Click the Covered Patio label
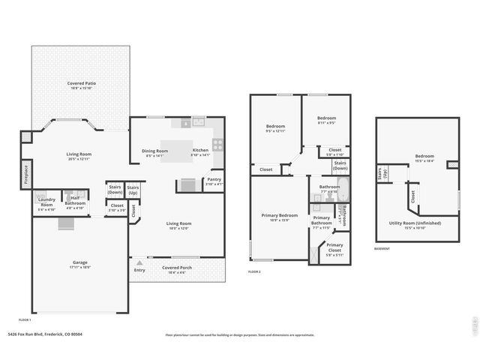(x=81, y=83)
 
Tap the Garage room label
(x=79, y=262)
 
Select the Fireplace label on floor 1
(x=25, y=174)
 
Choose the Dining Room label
(x=155, y=151)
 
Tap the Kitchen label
(x=200, y=151)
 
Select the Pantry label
(x=214, y=179)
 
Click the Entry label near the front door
(x=139, y=270)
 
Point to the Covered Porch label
(x=177, y=268)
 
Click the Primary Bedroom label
(x=279, y=215)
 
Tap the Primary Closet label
(x=334, y=247)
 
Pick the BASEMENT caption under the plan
(x=382, y=249)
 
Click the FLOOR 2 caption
(x=254, y=271)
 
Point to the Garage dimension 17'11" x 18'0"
(x=79, y=268)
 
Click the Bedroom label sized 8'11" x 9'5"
(x=326, y=118)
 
